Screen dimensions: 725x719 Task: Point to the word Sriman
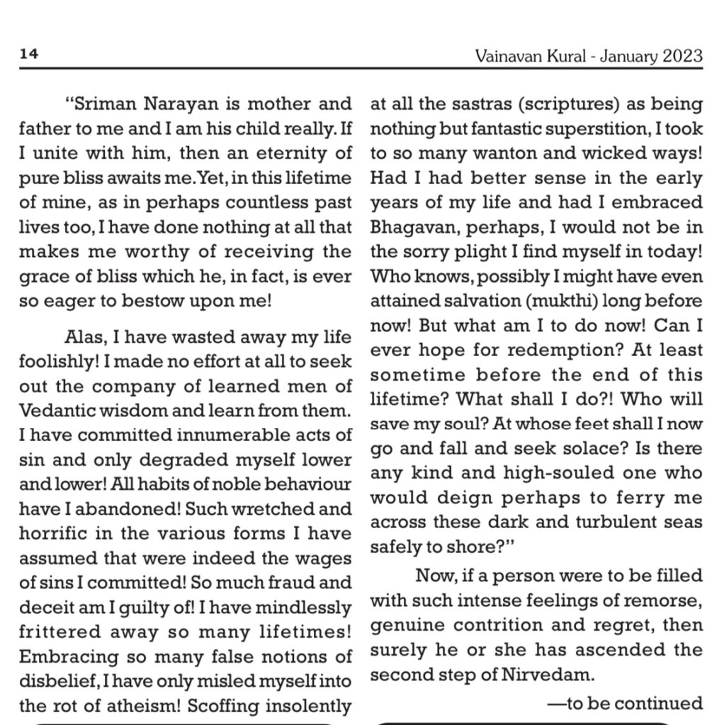[x=106, y=105]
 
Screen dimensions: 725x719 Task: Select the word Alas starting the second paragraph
[x=84, y=337]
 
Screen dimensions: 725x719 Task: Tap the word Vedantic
[x=56, y=411]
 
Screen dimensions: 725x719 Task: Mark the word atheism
[x=151, y=707]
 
